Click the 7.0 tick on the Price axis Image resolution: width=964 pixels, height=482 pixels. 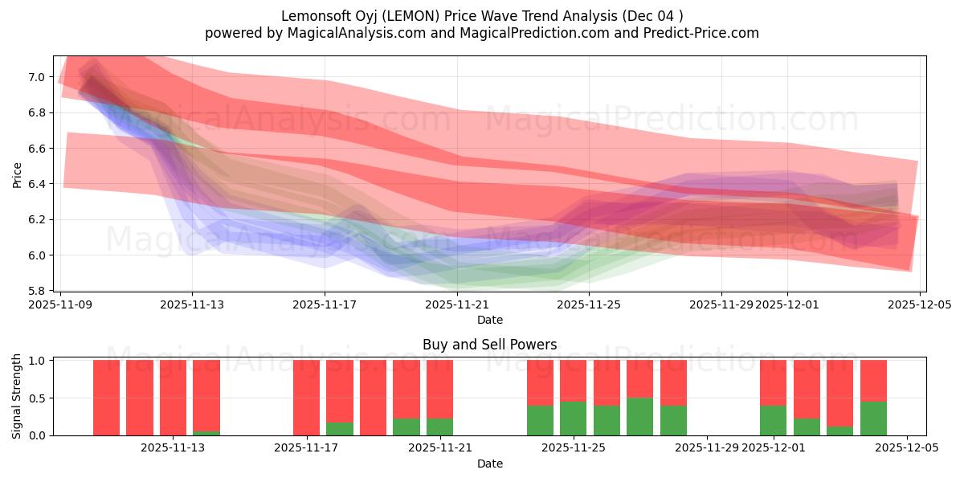[x=37, y=77]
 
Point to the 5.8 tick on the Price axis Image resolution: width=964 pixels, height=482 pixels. [x=37, y=291]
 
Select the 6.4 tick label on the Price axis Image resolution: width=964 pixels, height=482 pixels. [x=37, y=184]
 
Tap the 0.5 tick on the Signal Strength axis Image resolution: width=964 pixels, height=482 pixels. [x=37, y=398]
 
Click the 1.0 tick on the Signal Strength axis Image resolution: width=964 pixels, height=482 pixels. [x=37, y=361]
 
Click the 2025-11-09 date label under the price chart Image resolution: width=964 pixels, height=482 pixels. [x=59, y=304]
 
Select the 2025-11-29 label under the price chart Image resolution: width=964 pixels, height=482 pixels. [x=721, y=304]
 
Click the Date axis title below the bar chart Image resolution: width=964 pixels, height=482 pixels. [x=489, y=464]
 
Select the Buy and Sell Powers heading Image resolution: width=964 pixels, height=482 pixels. [x=489, y=345]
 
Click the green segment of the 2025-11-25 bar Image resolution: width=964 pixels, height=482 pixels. [x=574, y=419]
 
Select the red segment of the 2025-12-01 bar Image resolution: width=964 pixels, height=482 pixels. [x=773, y=382]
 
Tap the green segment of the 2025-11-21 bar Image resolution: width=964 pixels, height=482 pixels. [x=439, y=427]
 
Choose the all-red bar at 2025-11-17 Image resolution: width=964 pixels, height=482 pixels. [x=306, y=398]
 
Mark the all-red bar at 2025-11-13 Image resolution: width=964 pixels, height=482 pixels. [x=173, y=398]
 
